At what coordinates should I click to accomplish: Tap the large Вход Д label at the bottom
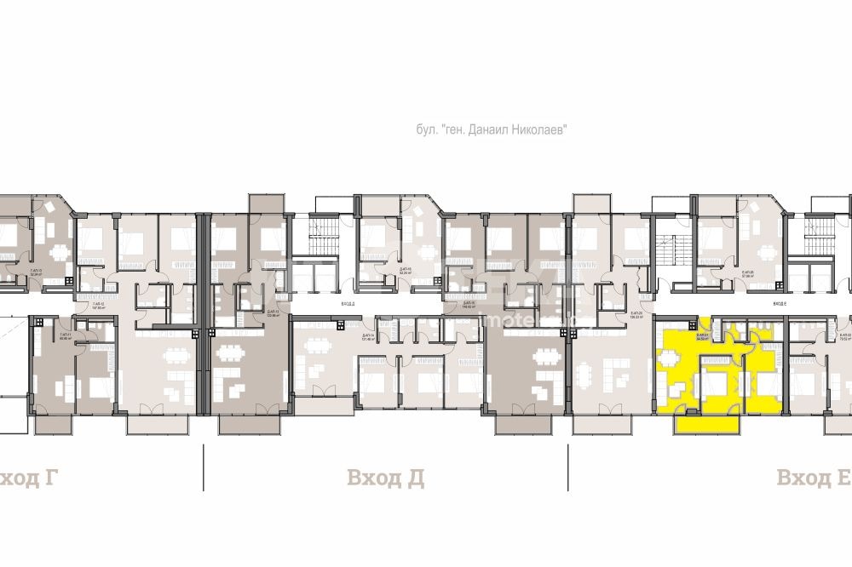click(x=386, y=478)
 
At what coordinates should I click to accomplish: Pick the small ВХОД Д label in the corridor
click(x=348, y=303)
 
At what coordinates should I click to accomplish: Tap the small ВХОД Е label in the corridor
click(x=777, y=303)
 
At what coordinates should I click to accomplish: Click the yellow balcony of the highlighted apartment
click(x=706, y=423)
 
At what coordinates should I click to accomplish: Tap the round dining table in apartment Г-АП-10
click(x=57, y=252)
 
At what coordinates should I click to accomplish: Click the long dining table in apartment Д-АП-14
click(x=316, y=346)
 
